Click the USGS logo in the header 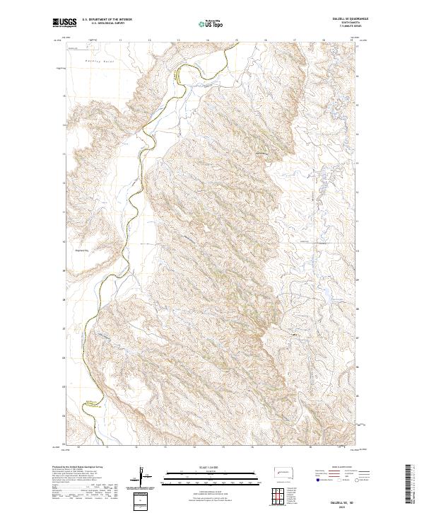tap(65, 23)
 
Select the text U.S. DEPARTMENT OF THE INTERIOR tap(107, 19)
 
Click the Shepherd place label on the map tap(82, 248)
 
